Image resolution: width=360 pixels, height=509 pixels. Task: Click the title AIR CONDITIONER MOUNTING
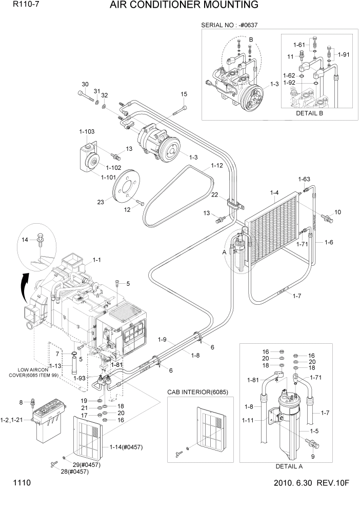[x=184, y=6]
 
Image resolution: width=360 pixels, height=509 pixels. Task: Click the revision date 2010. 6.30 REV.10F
[x=311, y=483]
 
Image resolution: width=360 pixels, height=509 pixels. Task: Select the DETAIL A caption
[x=289, y=466]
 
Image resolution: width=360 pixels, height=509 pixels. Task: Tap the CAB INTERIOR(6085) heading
[x=198, y=392]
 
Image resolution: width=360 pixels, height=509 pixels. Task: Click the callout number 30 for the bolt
[x=85, y=85]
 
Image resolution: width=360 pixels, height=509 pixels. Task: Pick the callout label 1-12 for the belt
[x=216, y=166]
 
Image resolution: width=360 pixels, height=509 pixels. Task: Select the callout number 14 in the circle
[x=25, y=240]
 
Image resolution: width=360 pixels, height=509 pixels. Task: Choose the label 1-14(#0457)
[x=126, y=446]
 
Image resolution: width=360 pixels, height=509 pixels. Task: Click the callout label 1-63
[x=304, y=179]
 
